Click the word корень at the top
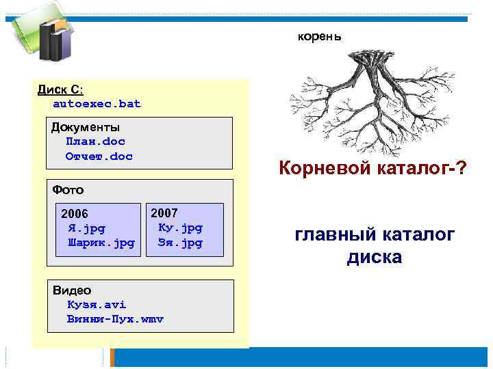pyautogui.click(x=319, y=35)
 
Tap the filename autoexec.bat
pyautogui.click(x=97, y=104)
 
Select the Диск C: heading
pyautogui.click(x=60, y=90)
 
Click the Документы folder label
pyautogui.click(x=86, y=127)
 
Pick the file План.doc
pyautogui.click(x=96, y=141)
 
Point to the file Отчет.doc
pyautogui.click(x=99, y=156)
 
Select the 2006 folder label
pyautogui.click(x=75, y=213)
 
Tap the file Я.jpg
pyautogui.click(x=86, y=228)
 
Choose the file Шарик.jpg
pyautogui.click(x=101, y=243)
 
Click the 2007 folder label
pyautogui.click(x=164, y=213)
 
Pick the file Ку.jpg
pyautogui.click(x=180, y=228)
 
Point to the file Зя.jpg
pyautogui.click(x=180, y=243)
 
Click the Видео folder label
pyautogui.click(x=71, y=290)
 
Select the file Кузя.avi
pyautogui.click(x=97, y=305)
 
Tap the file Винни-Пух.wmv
pyautogui.click(x=116, y=319)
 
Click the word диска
pyautogui.click(x=375, y=258)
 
